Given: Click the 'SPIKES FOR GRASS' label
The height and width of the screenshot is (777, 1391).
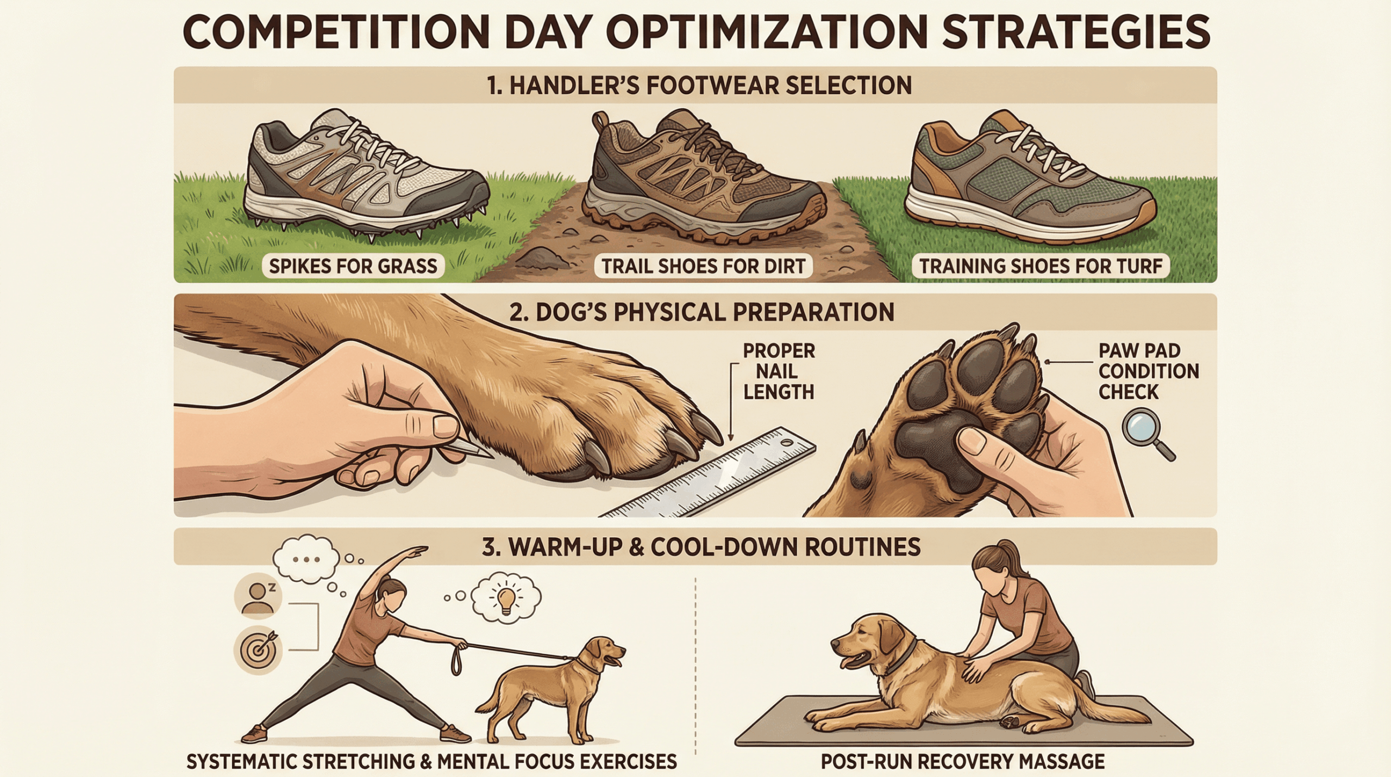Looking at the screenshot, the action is (x=353, y=266).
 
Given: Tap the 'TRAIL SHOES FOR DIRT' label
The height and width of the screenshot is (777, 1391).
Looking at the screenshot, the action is (x=703, y=266).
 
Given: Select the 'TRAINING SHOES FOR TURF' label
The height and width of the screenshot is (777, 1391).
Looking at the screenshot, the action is (x=1041, y=266).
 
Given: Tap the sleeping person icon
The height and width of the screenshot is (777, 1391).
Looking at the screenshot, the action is (x=258, y=596).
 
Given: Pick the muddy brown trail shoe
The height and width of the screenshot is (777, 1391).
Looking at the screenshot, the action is (x=704, y=174).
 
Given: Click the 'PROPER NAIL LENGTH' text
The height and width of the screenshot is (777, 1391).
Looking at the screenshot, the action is (x=779, y=371).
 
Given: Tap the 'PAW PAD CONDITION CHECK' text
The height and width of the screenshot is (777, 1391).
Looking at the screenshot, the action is (x=1148, y=371).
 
